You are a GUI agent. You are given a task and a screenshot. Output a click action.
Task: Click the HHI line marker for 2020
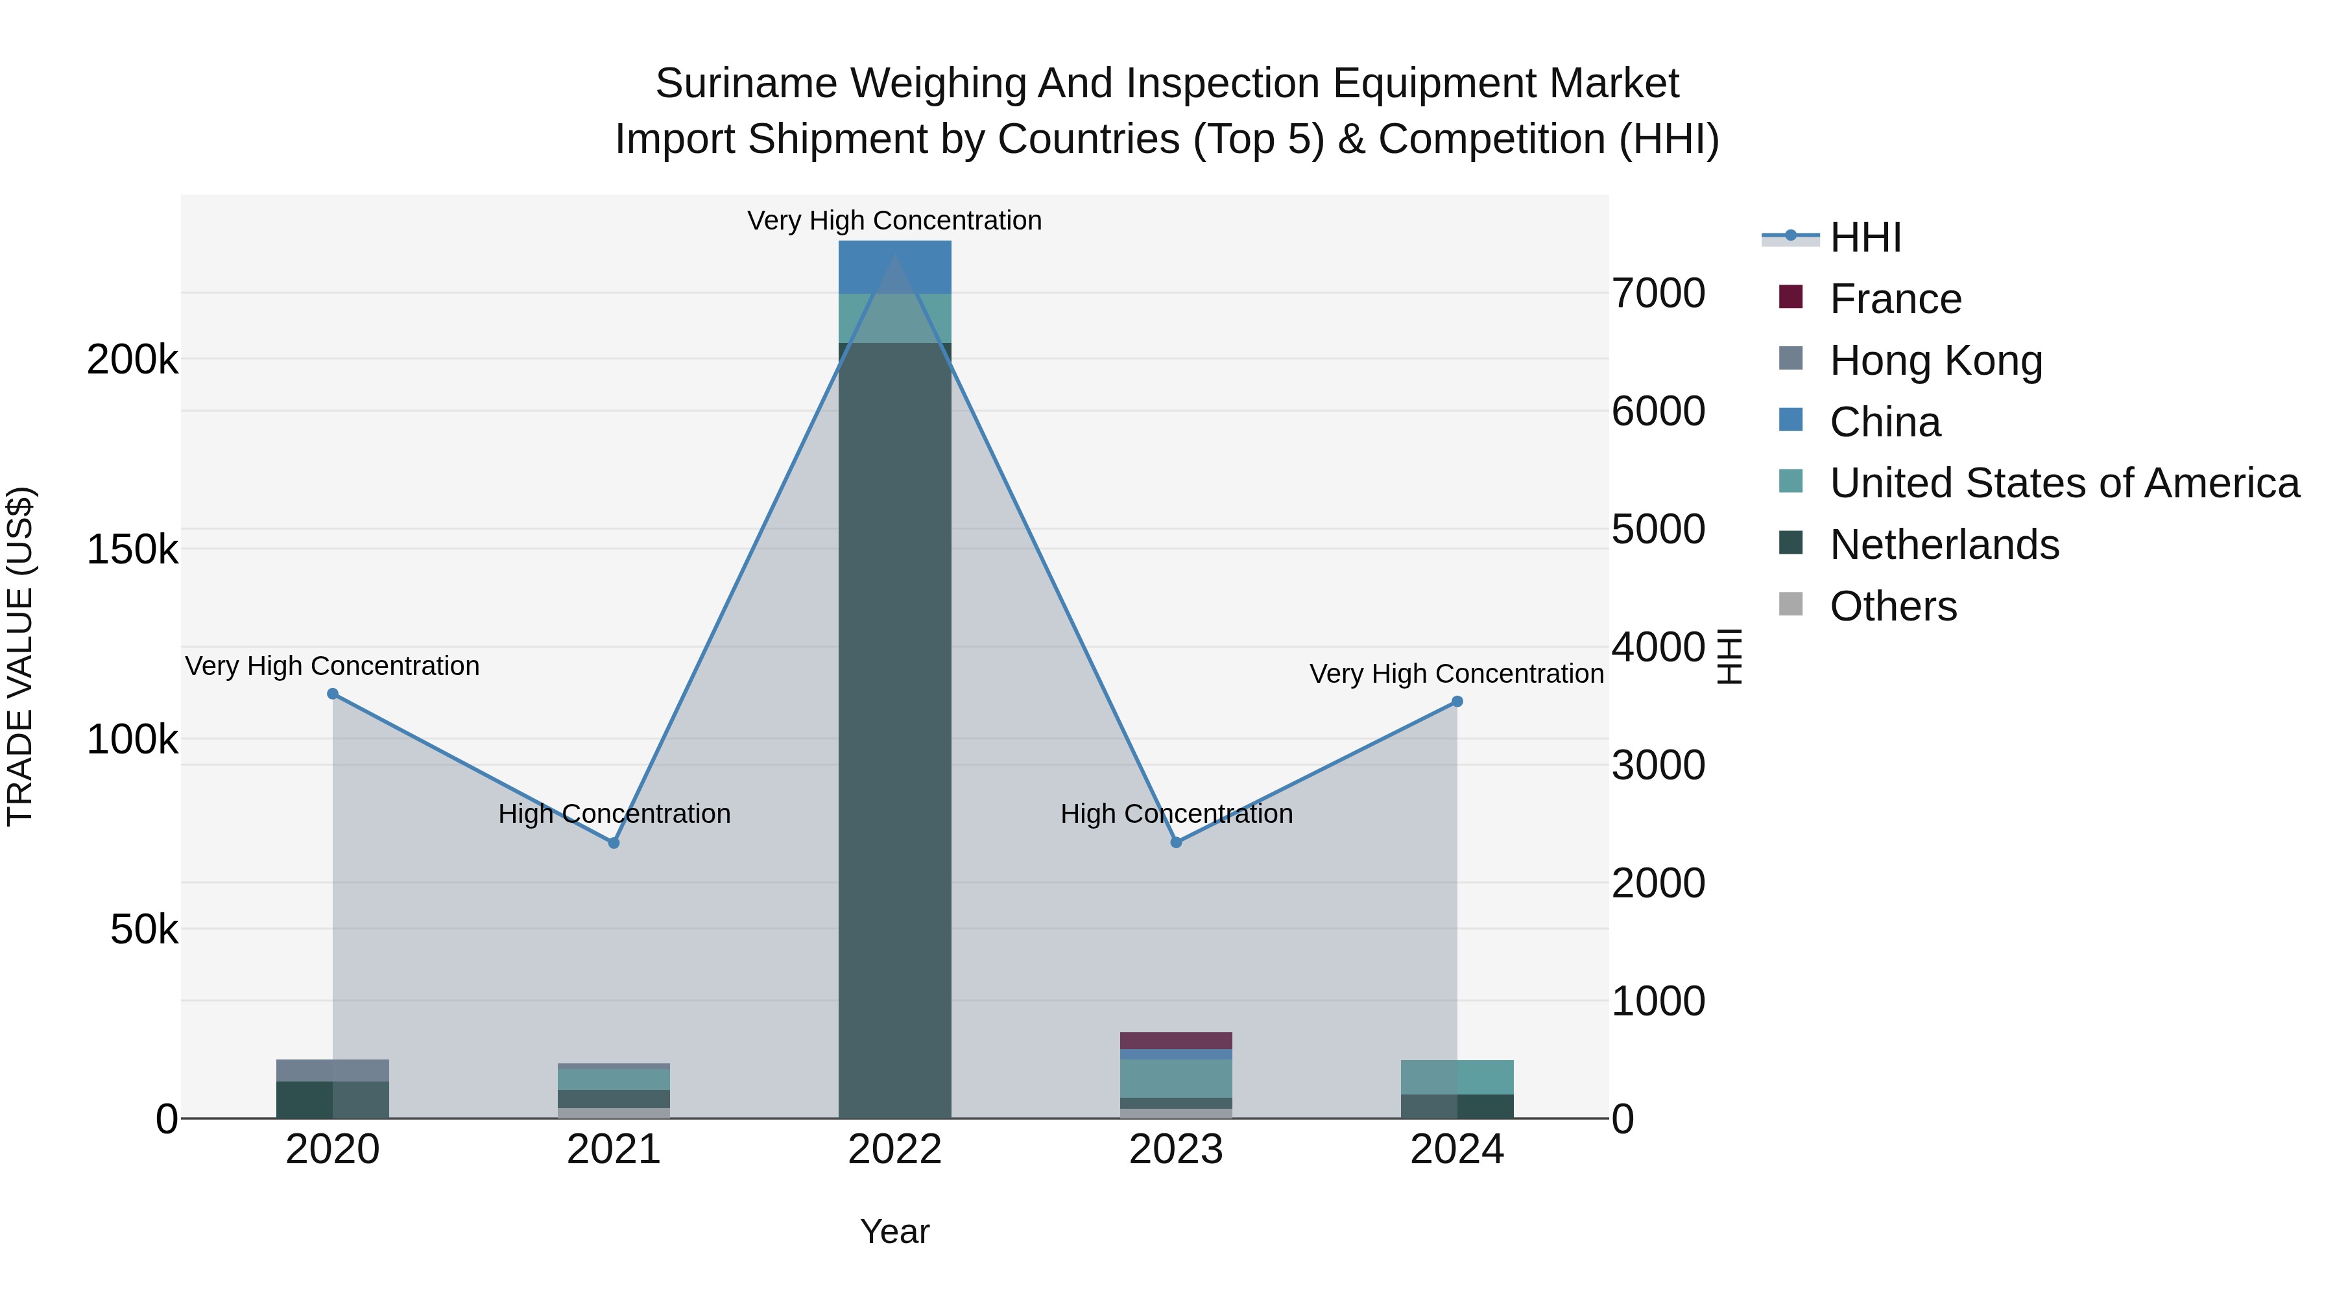333,694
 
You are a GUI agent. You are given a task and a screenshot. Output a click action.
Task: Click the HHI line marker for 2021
614,843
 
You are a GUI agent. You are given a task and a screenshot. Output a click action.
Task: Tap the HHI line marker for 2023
1177,843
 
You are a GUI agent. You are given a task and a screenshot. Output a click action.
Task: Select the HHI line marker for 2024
1457,702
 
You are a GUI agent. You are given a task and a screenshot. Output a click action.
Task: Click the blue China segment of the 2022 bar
894,266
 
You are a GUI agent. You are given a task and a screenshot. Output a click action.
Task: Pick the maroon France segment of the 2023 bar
1177,1040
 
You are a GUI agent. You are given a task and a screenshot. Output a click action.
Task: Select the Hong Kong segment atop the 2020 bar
333,1070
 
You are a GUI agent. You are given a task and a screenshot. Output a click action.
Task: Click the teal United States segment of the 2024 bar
1457,1078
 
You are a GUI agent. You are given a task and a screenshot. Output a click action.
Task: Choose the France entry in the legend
1895,299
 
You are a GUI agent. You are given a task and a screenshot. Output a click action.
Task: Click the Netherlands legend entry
1943,545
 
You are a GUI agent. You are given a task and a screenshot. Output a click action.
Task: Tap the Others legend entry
1893,606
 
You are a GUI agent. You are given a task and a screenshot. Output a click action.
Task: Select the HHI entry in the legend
1865,237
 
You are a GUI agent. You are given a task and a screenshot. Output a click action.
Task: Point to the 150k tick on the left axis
132,549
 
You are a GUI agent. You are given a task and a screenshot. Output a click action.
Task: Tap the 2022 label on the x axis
894,1150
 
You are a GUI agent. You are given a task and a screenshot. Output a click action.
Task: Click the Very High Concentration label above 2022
894,220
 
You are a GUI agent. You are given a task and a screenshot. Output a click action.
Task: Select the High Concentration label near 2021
614,814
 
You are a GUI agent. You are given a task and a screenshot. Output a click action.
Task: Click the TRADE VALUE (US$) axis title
20,656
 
